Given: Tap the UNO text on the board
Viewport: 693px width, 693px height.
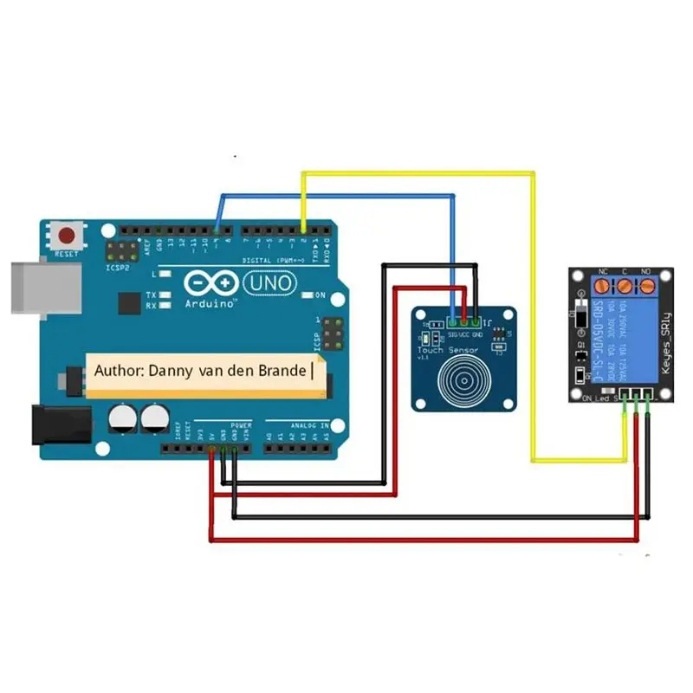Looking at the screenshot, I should click(270, 282).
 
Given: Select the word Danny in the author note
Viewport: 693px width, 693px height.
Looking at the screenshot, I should click(170, 370).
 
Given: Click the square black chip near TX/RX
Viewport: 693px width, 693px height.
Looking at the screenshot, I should click(129, 302).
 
